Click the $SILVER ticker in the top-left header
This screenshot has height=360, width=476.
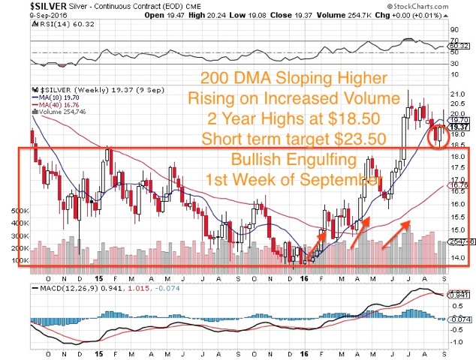tap(19, 4)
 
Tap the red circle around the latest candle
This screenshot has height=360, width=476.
tap(437, 134)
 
